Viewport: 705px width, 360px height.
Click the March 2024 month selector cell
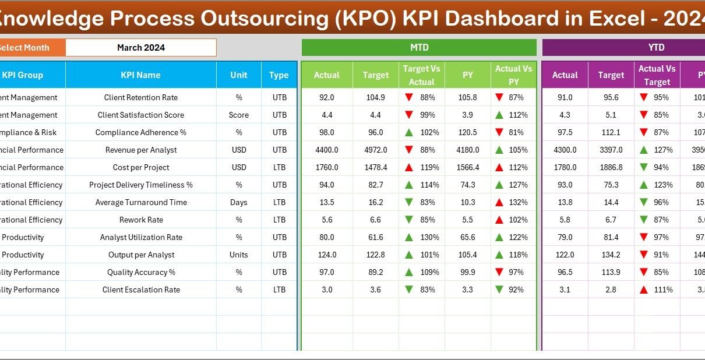click(141, 48)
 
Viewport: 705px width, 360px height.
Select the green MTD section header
click(419, 48)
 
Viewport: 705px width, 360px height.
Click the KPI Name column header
click(140, 75)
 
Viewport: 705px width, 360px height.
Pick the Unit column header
click(239, 75)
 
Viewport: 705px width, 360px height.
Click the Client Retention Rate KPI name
click(140, 98)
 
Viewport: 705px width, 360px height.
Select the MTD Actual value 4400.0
click(327, 150)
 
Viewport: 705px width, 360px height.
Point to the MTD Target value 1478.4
click(376, 168)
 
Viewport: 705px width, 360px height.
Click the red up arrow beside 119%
click(409, 168)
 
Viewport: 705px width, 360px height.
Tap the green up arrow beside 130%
click(409, 238)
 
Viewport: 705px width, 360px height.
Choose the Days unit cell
click(239, 203)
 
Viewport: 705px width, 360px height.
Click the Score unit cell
click(239, 115)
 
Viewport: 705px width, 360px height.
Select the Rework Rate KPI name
click(140, 220)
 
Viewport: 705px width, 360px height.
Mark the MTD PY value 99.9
click(468, 273)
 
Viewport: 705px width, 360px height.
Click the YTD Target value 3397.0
click(611, 150)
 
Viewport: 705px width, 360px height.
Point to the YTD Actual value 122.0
click(565, 255)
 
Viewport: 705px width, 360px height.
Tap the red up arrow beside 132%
click(499, 203)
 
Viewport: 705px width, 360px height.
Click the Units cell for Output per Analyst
click(239, 255)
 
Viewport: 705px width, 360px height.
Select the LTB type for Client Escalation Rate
click(279, 290)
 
